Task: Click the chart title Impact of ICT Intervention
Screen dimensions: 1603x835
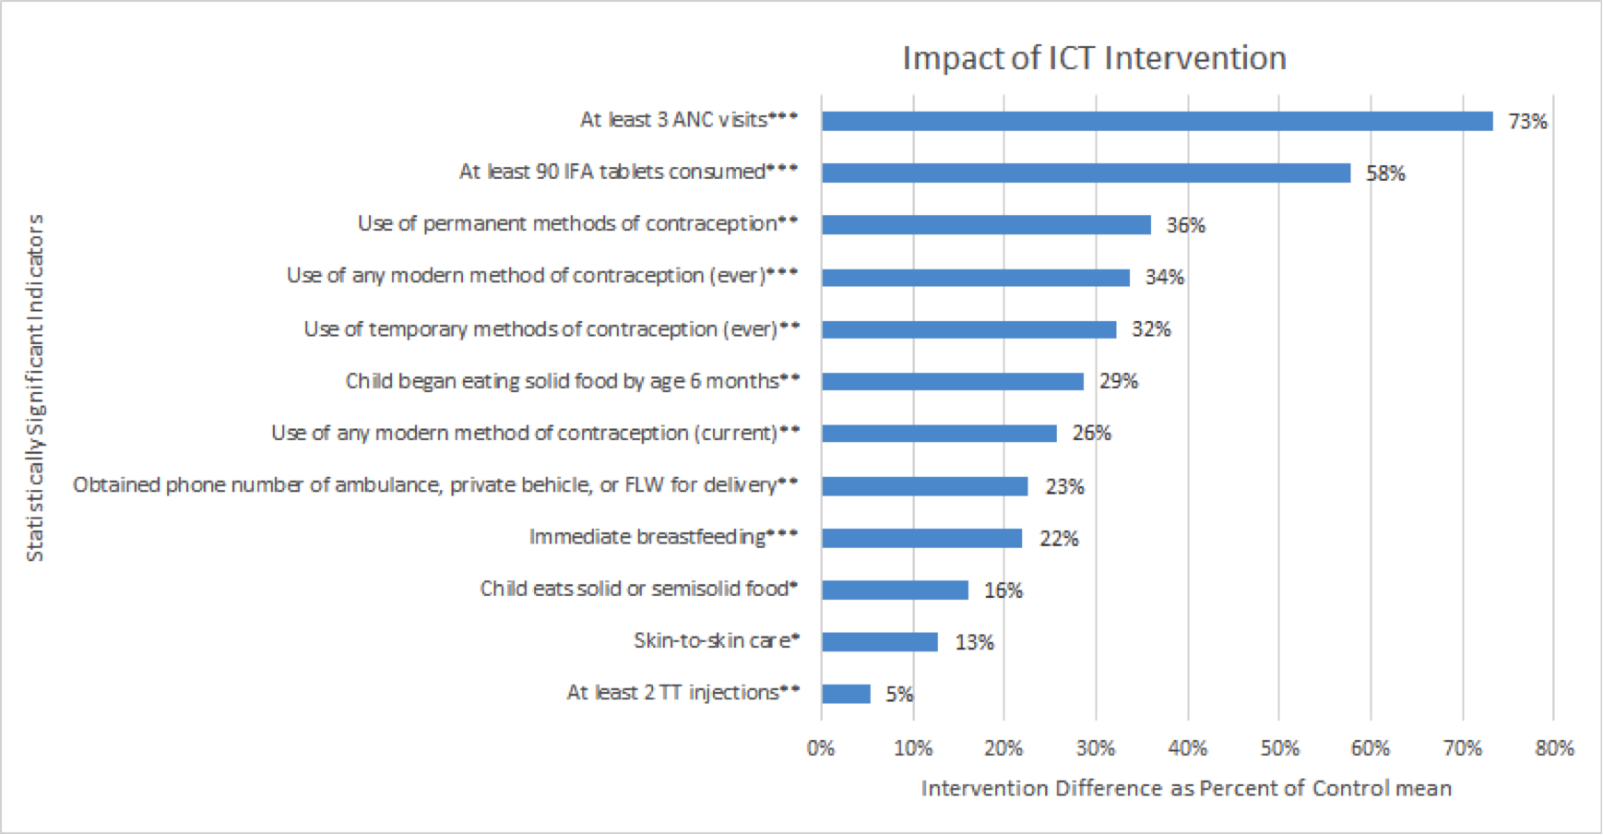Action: click(1094, 57)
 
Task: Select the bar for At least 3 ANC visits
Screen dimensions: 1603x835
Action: click(1158, 121)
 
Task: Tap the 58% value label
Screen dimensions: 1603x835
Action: click(1385, 173)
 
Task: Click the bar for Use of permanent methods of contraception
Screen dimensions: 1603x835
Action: click(986, 224)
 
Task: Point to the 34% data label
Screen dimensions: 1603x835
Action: click(1164, 277)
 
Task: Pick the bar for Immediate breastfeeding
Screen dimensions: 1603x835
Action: click(921, 538)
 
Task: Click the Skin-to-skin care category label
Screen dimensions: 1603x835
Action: click(717, 640)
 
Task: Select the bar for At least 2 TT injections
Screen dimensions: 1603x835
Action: click(846, 694)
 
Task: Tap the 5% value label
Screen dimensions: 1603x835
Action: click(899, 694)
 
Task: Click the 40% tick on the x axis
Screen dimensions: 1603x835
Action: click(1188, 748)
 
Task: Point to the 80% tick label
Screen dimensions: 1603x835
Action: click(1554, 748)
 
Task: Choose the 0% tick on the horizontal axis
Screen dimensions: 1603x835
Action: click(821, 748)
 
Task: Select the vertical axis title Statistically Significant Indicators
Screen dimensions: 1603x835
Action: click(35, 388)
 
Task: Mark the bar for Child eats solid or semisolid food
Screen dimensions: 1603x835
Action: click(895, 590)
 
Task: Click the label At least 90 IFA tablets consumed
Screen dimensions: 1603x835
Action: click(629, 172)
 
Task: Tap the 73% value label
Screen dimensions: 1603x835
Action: click(1527, 122)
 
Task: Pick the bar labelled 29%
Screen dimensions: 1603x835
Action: click(953, 381)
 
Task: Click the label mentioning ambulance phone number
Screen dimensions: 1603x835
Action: click(435, 485)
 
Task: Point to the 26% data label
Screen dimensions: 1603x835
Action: click(1091, 433)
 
